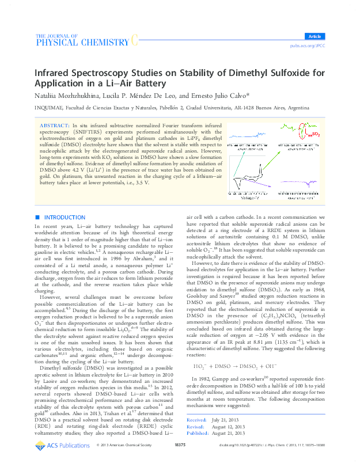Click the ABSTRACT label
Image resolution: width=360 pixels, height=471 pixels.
click(x=54, y=125)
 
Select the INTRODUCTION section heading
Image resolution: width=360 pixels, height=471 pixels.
click(x=65, y=217)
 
